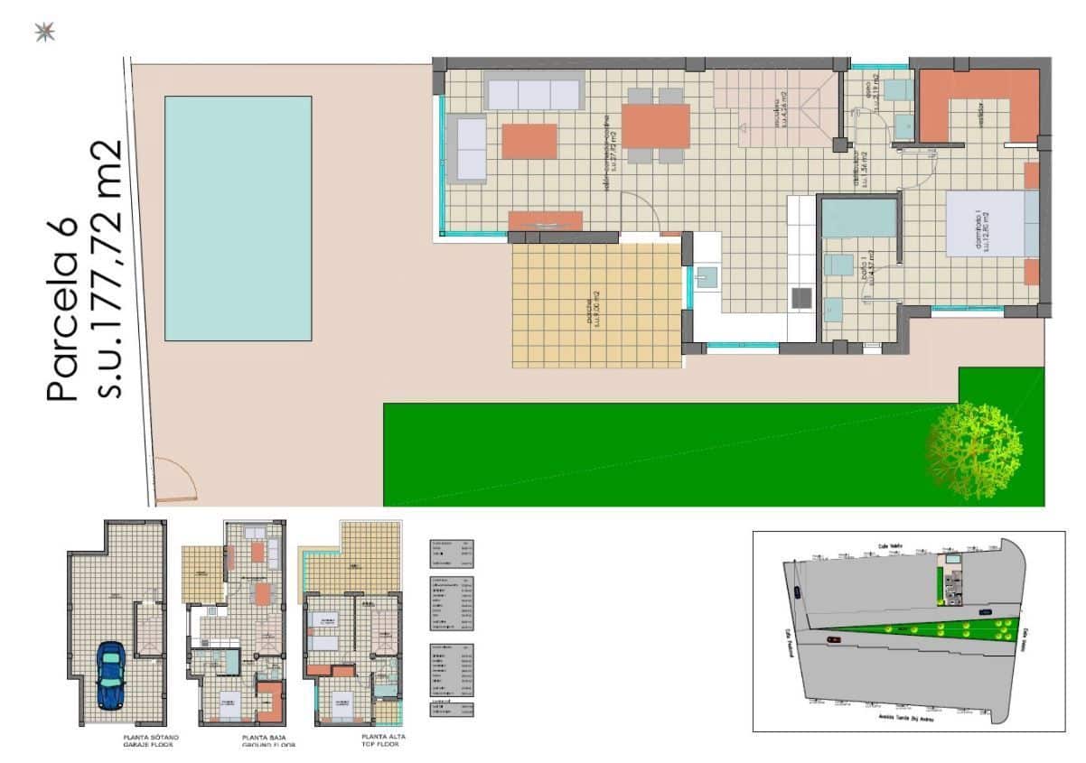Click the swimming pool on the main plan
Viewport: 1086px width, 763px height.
pos(238,218)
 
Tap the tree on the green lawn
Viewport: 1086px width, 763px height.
pos(974,449)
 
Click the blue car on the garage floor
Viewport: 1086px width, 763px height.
pos(110,675)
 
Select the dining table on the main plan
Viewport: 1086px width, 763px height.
pos(656,126)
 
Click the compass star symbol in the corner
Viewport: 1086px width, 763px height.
pos(43,33)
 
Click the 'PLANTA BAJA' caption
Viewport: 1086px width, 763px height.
pos(266,738)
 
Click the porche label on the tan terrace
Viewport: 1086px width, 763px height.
pos(588,312)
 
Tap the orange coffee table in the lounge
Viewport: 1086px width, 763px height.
pos(529,141)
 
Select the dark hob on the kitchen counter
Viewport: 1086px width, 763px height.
pos(800,297)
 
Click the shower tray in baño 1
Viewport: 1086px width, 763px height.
pos(858,219)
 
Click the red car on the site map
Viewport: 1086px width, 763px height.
pos(832,639)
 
